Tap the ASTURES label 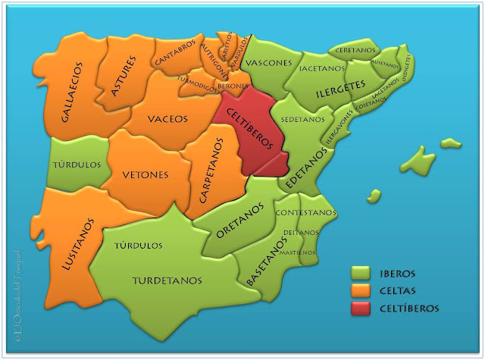point(124,76)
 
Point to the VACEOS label point(167,118)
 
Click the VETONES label point(145,175)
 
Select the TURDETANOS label point(167,280)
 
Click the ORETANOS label point(241,220)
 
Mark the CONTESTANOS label point(305,213)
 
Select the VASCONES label point(271,63)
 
